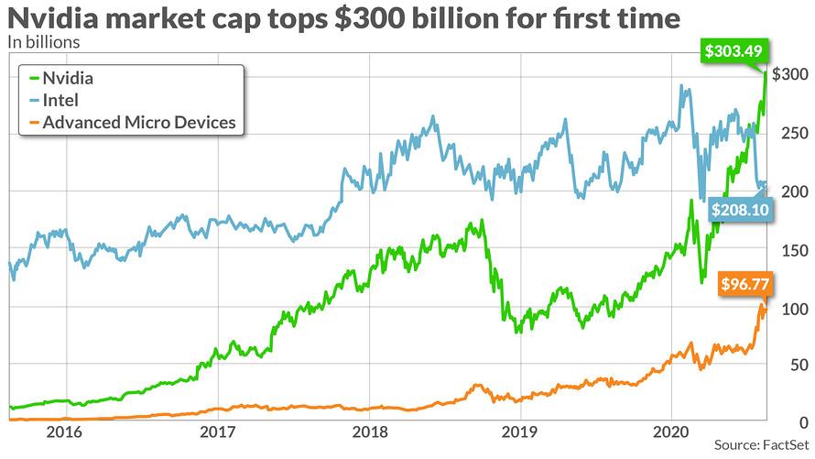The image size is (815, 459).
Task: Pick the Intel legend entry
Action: point(60,100)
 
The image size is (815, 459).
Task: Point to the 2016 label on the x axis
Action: point(65,431)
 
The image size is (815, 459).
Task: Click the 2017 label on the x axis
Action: point(217,431)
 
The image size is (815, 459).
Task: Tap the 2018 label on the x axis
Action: point(368,431)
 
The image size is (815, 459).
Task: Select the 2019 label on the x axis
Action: point(519,431)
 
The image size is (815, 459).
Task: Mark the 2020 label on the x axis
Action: point(671,431)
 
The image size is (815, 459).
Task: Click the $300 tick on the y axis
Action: point(788,74)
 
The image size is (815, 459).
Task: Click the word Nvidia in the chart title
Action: point(55,17)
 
